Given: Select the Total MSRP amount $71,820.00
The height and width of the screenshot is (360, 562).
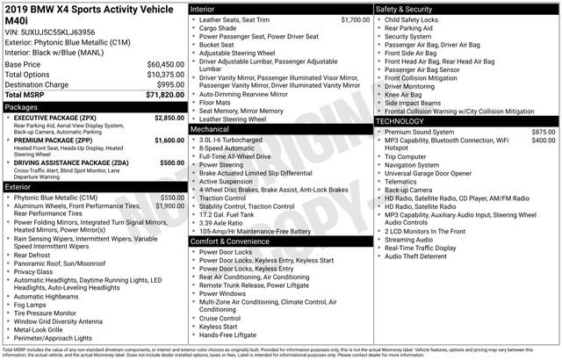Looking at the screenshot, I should click(x=165, y=94).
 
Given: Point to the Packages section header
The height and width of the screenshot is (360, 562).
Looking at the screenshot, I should click(x=22, y=106).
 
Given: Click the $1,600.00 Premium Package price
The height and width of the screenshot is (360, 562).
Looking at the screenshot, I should click(x=169, y=140).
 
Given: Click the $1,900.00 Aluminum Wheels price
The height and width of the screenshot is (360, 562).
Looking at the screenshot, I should click(x=169, y=205).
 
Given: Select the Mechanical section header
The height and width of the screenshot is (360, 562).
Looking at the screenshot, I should click(x=210, y=128).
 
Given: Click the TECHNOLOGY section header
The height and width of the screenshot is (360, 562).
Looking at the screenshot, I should click(x=405, y=122).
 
